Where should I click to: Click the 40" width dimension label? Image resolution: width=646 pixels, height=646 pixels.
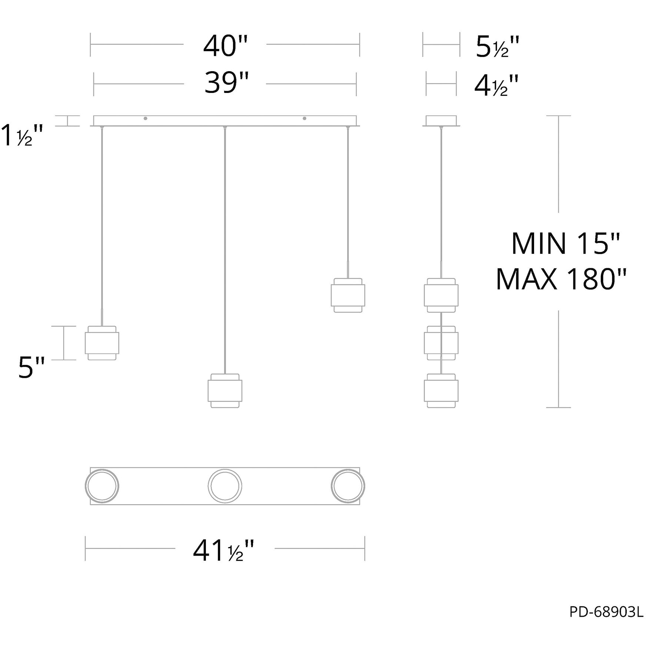[x=225, y=46]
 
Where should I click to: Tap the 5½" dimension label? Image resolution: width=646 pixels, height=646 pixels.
[x=497, y=47]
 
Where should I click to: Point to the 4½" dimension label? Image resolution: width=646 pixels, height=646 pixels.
[x=496, y=86]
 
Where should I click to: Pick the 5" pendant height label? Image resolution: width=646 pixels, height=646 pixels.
[x=31, y=368]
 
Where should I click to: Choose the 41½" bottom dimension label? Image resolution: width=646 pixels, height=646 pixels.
[x=223, y=551]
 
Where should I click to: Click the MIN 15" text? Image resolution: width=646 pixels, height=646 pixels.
[x=565, y=244]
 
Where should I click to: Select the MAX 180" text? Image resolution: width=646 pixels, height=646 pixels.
[x=561, y=280]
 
